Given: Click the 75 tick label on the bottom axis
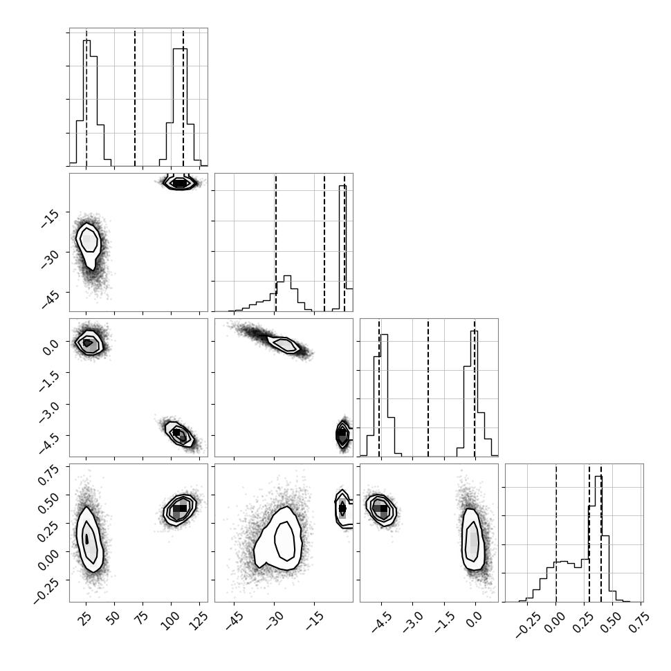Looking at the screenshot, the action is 142,618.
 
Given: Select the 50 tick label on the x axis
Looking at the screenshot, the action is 113,618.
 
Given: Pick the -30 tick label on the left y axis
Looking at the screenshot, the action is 50,259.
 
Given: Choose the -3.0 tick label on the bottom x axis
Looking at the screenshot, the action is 412,622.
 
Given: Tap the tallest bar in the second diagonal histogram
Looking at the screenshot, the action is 342,248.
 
